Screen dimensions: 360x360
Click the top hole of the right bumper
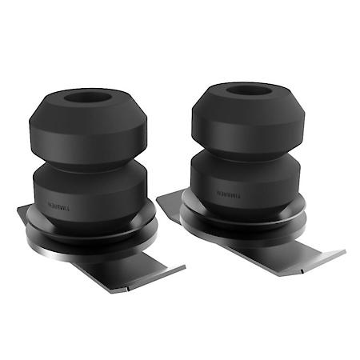[x=245, y=90]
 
